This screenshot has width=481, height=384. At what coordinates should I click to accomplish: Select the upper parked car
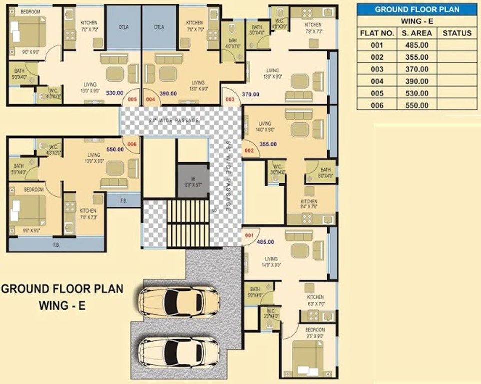[179, 302]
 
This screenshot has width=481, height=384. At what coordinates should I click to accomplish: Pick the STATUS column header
[457, 33]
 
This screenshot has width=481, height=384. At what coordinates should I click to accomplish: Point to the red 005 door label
[131, 100]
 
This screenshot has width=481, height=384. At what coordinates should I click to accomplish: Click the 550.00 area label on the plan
[115, 149]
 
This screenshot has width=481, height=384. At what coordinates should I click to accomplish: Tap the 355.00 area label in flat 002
[268, 144]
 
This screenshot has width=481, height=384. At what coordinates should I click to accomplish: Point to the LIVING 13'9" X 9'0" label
[272, 73]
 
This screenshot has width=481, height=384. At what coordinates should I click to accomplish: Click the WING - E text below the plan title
[62, 306]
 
